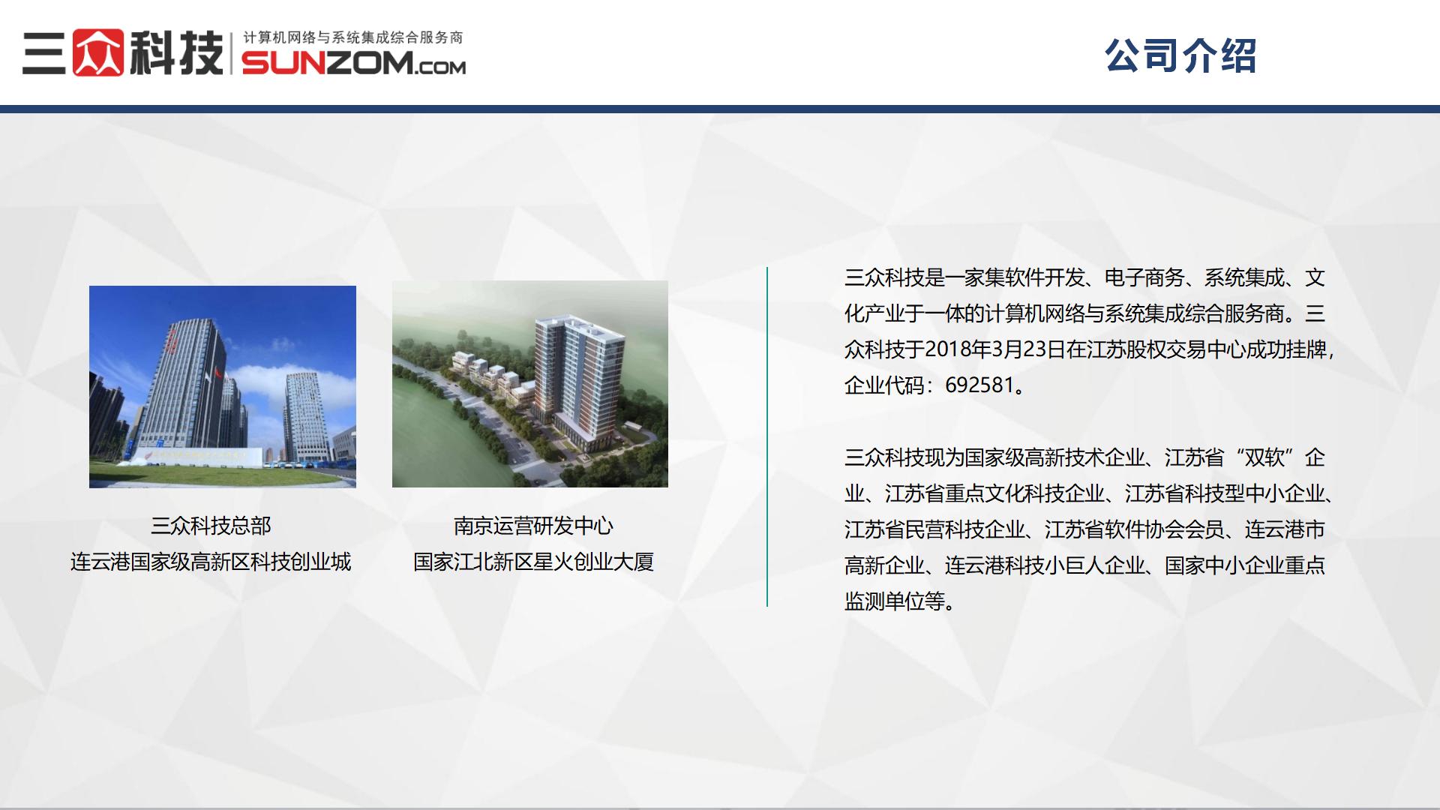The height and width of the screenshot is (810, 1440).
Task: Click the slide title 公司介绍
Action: point(1180,55)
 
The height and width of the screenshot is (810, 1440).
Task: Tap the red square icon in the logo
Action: point(98,52)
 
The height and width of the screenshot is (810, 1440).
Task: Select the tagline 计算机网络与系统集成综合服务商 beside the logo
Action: point(353,37)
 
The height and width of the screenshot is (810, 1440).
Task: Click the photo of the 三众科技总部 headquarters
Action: point(223,387)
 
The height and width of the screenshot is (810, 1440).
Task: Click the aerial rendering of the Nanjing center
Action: point(530,384)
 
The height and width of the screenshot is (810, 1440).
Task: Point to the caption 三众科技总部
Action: point(211,526)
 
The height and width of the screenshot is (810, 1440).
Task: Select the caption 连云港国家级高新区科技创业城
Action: point(211,562)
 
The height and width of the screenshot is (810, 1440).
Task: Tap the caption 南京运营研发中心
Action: point(533,526)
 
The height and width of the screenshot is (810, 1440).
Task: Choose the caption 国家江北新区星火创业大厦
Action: point(533,562)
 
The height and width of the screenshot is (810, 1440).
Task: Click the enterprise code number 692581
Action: point(979,385)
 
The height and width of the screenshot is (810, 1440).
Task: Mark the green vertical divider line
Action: point(767,436)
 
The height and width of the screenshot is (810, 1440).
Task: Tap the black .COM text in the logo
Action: point(438,67)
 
